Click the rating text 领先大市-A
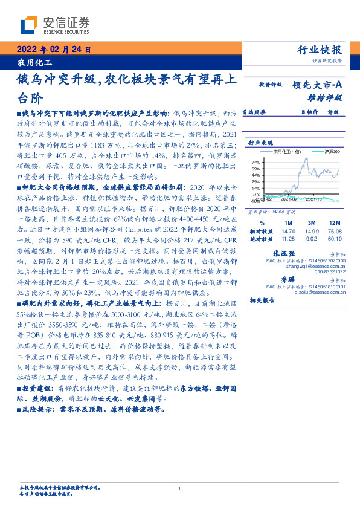pyautogui.click(x=318, y=85)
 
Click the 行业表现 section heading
pyautogui.click(x=261, y=142)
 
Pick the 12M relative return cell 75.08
pyautogui.click(x=335, y=232)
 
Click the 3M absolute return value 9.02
pyautogui.click(x=312, y=239)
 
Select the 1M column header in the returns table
pyautogui.click(x=288, y=222)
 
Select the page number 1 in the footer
pyautogui.click(x=180, y=488)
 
